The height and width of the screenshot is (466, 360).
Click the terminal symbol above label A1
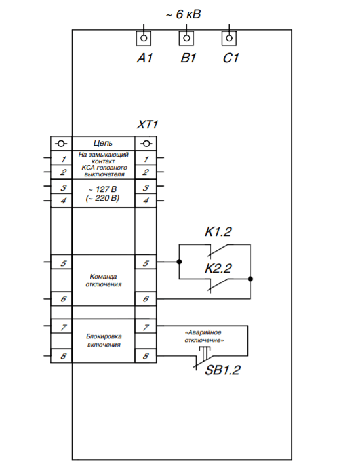click(x=144, y=38)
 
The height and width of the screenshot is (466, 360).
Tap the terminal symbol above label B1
click(x=186, y=38)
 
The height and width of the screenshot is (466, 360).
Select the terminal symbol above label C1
click(x=230, y=38)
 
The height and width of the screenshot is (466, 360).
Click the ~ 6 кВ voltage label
click(x=183, y=14)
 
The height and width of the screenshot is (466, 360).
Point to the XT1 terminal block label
click(x=148, y=125)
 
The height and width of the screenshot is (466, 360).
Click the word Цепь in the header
click(x=103, y=144)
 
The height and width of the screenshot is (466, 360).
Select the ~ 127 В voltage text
click(x=102, y=189)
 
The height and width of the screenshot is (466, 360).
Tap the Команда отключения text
click(x=104, y=281)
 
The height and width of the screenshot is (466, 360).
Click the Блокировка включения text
click(x=104, y=340)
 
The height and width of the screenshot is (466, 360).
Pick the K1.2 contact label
click(x=218, y=232)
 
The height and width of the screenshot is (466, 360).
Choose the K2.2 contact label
click(x=218, y=268)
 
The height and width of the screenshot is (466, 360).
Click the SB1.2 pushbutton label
click(x=223, y=370)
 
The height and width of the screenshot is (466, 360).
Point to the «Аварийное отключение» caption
click(x=204, y=336)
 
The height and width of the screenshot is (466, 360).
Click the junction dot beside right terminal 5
click(x=179, y=262)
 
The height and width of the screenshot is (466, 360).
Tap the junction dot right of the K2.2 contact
click(x=250, y=279)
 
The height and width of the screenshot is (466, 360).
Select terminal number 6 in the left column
click(x=64, y=299)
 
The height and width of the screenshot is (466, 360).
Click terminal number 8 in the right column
click(x=146, y=356)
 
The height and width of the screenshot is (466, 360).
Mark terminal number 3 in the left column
click(x=64, y=188)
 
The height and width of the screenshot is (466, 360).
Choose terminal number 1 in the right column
click(x=146, y=159)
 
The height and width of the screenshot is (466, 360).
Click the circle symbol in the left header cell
click(x=61, y=144)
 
